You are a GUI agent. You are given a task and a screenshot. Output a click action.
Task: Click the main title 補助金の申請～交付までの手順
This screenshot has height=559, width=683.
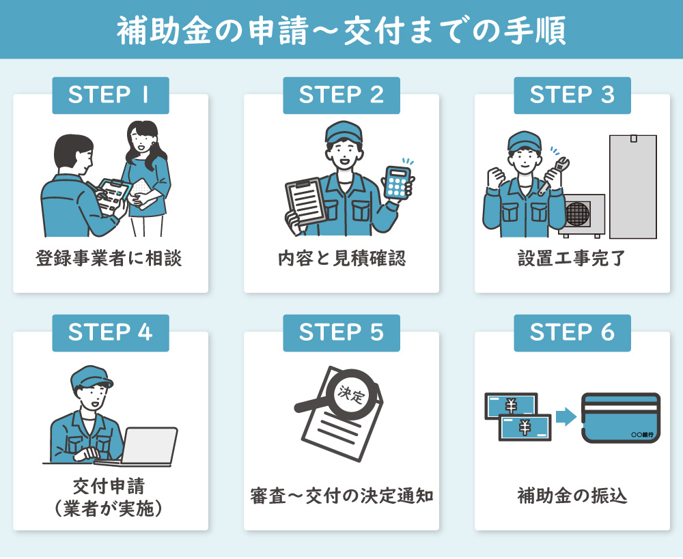(x=341, y=30)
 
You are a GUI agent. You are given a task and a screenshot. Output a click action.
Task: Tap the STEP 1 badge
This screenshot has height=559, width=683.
(x=110, y=95)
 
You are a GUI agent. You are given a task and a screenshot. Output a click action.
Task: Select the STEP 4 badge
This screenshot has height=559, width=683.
(x=110, y=332)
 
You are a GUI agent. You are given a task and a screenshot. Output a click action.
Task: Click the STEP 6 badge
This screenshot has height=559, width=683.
(x=572, y=332)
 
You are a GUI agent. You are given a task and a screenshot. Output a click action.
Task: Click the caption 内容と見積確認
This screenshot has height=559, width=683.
(x=341, y=259)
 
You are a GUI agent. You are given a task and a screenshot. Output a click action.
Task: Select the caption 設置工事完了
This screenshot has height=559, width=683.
(x=572, y=259)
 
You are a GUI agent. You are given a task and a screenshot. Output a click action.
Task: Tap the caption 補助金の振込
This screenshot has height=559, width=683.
(x=572, y=496)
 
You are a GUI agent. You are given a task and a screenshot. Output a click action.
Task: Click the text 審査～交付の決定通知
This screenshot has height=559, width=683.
(x=341, y=496)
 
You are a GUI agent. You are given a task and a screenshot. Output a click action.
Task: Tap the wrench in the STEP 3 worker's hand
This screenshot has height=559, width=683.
(x=555, y=174)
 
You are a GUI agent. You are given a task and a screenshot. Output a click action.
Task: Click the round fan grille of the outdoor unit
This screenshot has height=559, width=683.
(x=577, y=214)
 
